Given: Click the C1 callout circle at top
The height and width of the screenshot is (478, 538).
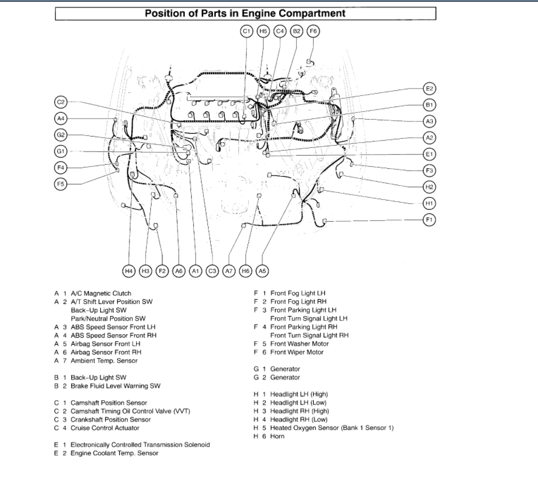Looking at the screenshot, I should (246, 31).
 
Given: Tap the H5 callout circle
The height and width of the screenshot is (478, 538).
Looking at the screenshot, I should (263, 31).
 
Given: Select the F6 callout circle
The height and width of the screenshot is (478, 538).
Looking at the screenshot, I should (313, 31).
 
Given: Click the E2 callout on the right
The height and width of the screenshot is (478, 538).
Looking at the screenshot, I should (429, 89).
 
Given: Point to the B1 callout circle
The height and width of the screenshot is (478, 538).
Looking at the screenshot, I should (429, 105).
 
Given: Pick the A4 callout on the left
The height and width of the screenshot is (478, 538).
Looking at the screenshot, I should (61, 119).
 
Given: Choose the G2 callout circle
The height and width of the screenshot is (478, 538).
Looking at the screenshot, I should (61, 135).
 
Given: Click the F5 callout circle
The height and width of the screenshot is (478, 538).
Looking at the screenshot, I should (61, 183).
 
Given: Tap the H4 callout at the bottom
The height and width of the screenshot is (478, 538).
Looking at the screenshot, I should (129, 271).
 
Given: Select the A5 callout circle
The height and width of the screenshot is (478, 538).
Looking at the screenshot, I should (262, 271).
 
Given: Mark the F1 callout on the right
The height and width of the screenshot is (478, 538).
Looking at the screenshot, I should (429, 219).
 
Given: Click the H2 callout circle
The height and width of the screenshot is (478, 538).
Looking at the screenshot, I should (429, 187).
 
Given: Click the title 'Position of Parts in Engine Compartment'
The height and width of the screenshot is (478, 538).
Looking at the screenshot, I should (245, 13).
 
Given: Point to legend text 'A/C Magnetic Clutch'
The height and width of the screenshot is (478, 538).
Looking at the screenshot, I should (101, 293).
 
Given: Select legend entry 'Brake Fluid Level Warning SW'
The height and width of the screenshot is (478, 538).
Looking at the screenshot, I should (115, 386).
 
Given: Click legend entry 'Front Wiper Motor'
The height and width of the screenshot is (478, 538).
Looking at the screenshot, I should (297, 352).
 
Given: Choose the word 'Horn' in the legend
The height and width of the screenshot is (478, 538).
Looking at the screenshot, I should (277, 436).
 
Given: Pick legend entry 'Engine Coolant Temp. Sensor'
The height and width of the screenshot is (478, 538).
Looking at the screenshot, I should (114, 453).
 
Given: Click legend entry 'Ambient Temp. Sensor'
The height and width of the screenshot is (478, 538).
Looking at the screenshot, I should (104, 361).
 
